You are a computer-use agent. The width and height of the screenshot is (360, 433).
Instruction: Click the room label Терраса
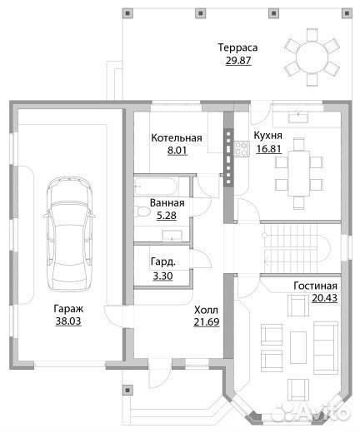tap(237, 47)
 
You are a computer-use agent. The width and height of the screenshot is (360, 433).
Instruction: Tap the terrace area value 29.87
tap(238, 60)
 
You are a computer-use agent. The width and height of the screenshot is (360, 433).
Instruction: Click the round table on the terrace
tap(312, 57)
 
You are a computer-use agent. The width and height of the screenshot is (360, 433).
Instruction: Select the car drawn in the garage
tap(69, 234)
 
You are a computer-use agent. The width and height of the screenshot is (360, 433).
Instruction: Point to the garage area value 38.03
tap(68, 321)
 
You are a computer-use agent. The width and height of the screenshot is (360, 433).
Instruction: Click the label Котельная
tap(177, 138)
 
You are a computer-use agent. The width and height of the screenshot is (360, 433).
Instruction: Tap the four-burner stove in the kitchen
tap(241, 149)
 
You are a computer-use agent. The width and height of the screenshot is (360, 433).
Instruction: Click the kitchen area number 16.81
tap(268, 149)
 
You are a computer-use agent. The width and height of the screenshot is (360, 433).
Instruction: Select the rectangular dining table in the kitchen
tap(299, 173)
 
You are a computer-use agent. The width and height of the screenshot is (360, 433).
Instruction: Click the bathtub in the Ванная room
tap(156, 187)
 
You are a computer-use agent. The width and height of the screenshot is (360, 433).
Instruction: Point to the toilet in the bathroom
tap(142, 212)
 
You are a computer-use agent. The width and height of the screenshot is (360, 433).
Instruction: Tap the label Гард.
tap(163, 261)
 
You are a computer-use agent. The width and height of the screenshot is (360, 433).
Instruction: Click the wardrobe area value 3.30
tap(162, 276)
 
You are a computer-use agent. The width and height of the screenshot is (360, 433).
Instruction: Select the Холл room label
tap(206, 310)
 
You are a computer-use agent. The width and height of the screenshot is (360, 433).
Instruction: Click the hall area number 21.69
tap(207, 322)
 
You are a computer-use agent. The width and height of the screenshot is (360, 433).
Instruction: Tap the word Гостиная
tap(316, 286)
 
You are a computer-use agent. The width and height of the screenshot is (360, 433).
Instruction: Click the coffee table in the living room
tap(298, 347)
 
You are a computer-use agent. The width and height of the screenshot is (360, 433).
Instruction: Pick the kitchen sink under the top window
tap(298, 117)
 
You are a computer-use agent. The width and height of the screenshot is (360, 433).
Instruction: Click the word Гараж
tap(68, 309)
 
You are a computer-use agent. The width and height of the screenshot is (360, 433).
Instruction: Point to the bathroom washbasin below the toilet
tap(172, 236)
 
